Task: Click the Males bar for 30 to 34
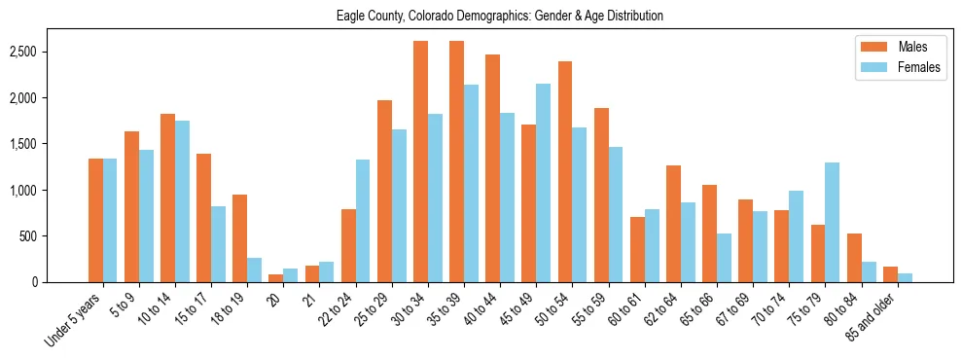pyautogui.click(x=420, y=162)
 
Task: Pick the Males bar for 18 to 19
pyautogui.click(x=239, y=238)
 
